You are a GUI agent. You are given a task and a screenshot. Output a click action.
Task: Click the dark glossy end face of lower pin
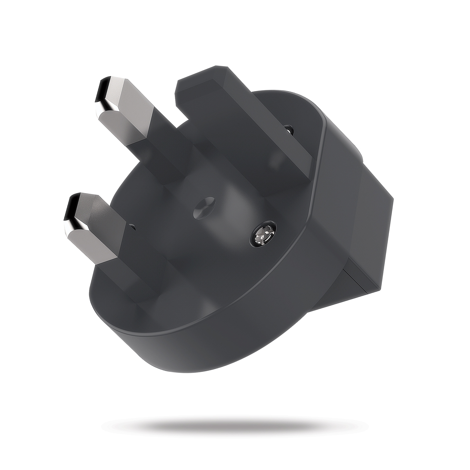70,207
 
